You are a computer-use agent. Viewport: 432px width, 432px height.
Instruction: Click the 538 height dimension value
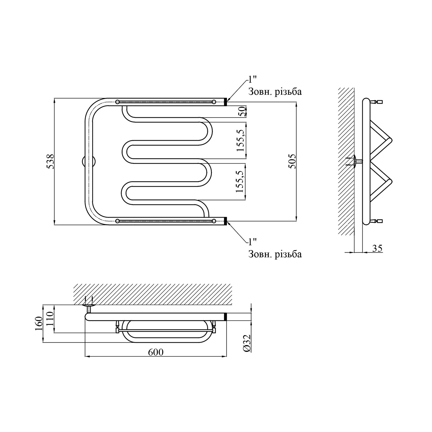pos(50,162)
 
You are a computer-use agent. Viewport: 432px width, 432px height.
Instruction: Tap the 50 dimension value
pos(242,111)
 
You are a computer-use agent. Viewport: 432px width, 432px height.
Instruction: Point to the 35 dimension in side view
pos(377,248)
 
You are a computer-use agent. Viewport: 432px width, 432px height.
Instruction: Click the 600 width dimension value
pos(156,352)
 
